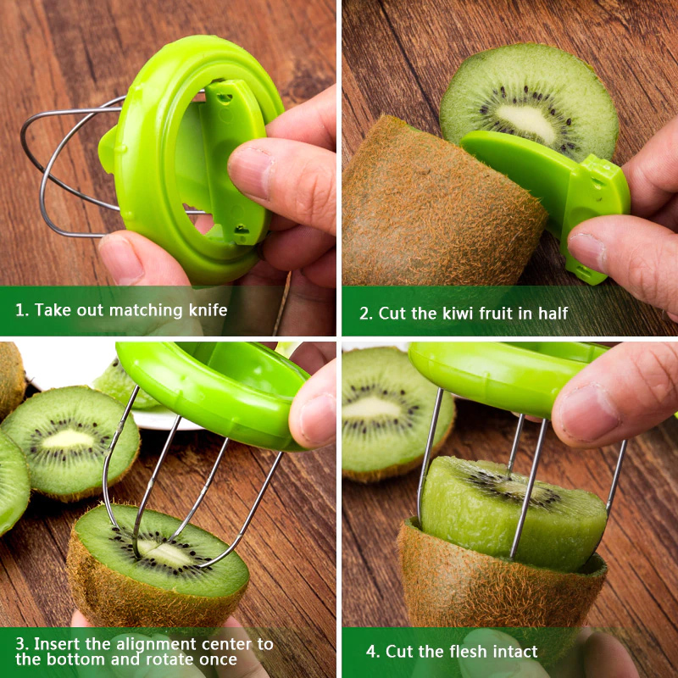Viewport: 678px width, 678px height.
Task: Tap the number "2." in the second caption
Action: click(366, 314)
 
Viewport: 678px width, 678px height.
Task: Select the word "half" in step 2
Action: click(553, 313)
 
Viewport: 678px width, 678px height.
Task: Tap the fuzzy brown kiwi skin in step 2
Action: click(436, 203)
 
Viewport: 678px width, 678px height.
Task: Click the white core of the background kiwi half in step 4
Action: click(372, 408)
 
